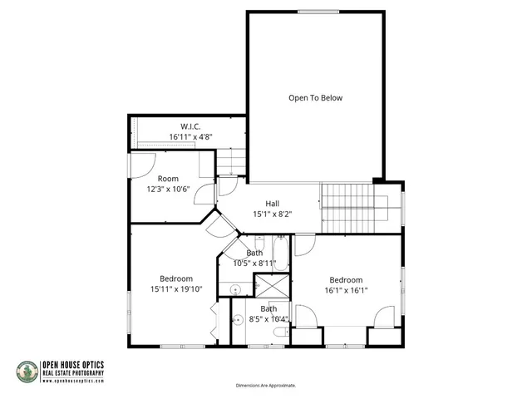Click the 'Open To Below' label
click(315, 98)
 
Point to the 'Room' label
click(168, 179)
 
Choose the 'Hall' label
click(272, 204)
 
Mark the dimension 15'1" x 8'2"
click(272, 214)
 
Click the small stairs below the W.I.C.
click(232, 162)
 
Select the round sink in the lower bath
click(236, 319)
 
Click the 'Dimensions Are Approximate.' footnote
click(265, 386)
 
